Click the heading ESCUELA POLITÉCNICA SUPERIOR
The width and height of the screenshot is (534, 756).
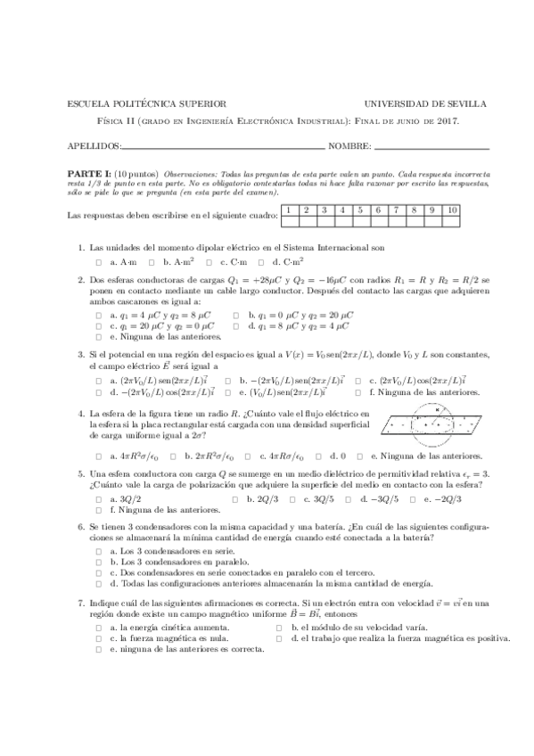[x=146, y=103]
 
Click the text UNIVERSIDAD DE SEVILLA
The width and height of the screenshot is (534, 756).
[x=415, y=103]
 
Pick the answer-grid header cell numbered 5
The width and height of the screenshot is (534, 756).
[x=359, y=210]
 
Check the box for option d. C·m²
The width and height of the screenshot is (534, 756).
[x=262, y=262]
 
